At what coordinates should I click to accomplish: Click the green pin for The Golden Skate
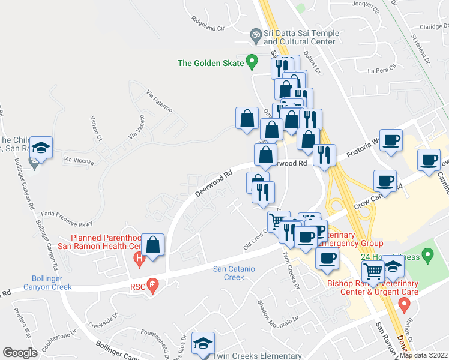253,61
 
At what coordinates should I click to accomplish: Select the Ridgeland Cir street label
207,28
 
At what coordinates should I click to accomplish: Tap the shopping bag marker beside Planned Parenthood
154,245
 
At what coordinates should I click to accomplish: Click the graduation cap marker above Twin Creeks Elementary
204,343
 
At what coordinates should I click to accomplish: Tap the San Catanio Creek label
237,273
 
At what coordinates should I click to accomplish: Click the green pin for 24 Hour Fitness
428,256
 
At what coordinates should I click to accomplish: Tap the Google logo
20,353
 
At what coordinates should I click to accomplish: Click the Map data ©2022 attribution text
424,355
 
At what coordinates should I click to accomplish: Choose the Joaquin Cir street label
367,7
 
